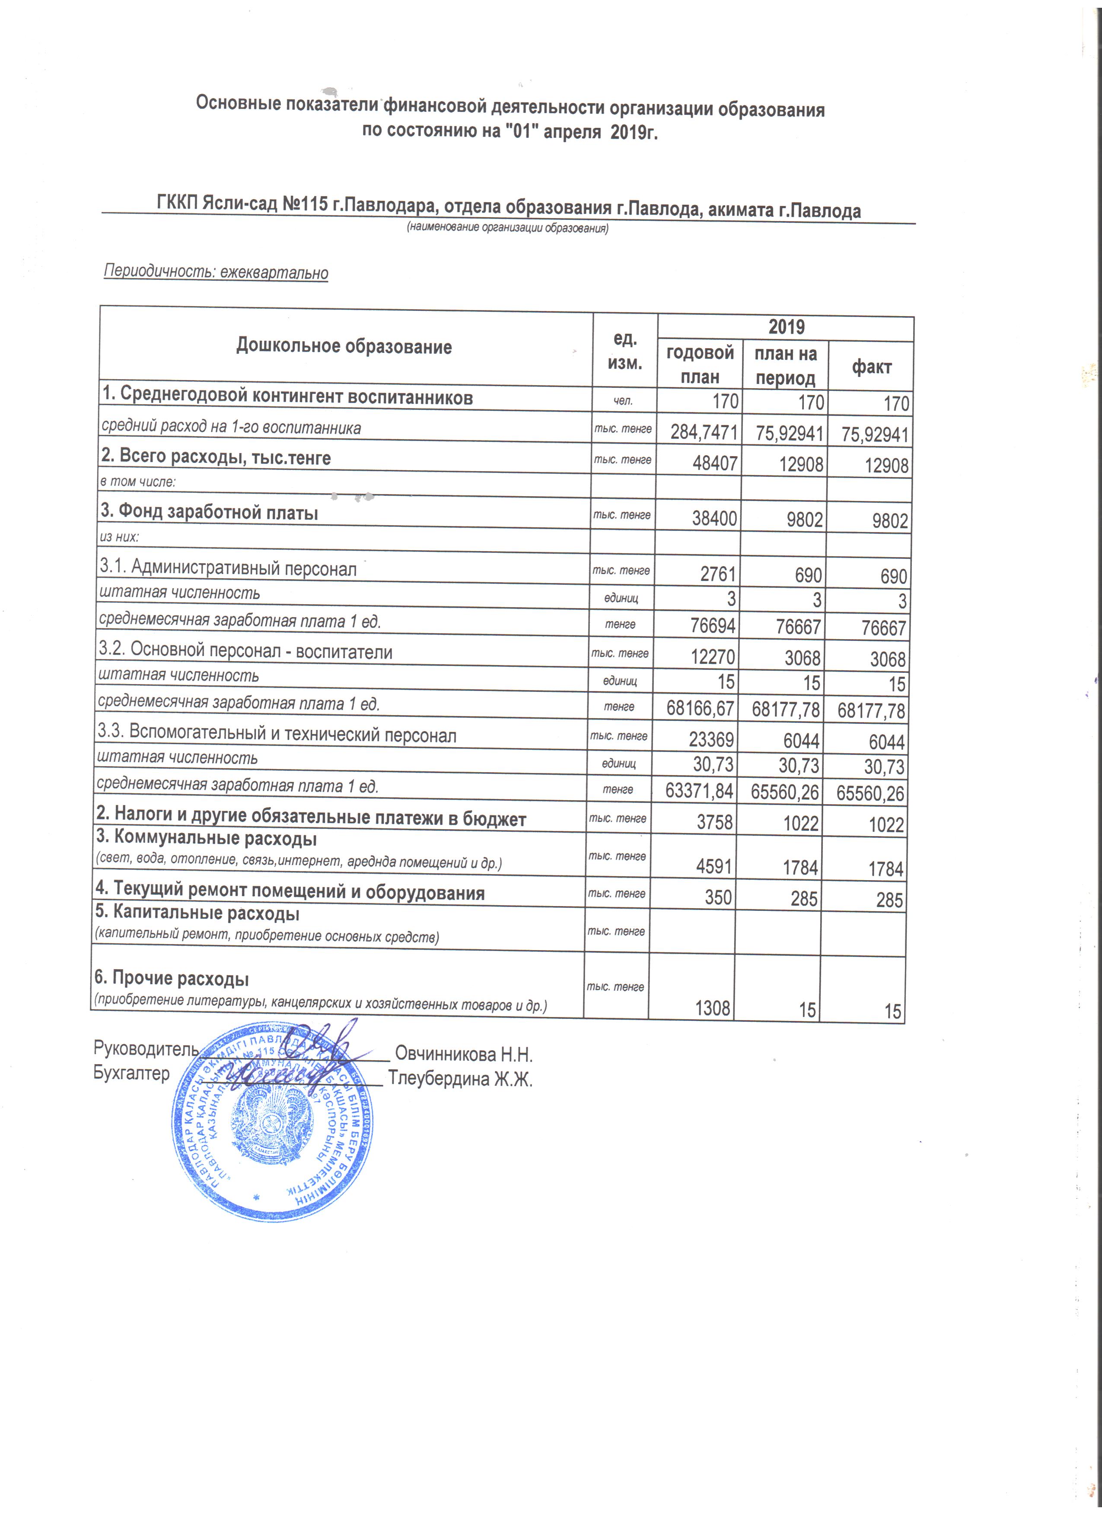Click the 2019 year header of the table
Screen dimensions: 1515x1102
[x=786, y=327]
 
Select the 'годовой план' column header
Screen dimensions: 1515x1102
[x=700, y=365]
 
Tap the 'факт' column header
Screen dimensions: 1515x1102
[x=871, y=367]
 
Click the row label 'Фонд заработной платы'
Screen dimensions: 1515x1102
[x=209, y=512]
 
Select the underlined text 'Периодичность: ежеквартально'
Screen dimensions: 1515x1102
[x=216, y=273]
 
